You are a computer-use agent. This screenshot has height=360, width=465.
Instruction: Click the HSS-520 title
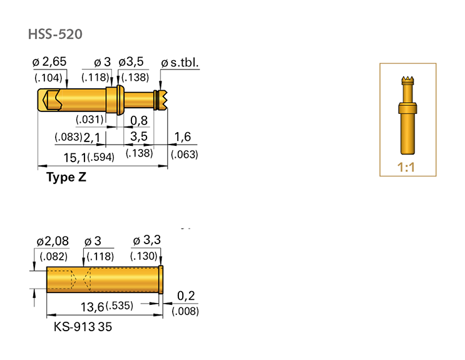pyautogui.click(x=54, y=34)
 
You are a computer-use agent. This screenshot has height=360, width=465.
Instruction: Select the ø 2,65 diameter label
pyautogui.click(x=49, y=62)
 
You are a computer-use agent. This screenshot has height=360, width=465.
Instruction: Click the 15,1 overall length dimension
pyautogui.click(x=75, y=157)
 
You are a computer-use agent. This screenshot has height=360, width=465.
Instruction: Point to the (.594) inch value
pyautogui.click(x=101, y=157)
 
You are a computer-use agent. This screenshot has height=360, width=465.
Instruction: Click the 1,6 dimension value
pyautogui.click(x=183, y=137)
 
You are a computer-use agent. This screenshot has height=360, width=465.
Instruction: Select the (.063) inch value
pyautogui.click(x=184, y=155)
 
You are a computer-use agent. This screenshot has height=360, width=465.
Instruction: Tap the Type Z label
pyautogui.click(x=66, y=177)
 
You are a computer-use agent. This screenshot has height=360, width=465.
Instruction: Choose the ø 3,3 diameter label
pyautogui.click(x=148, y=241)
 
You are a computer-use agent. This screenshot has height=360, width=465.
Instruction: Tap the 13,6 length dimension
pyautogui.click(x=92, y=306)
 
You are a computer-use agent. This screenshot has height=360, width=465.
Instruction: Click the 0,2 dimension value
pyautogui.click(x=186, y=295)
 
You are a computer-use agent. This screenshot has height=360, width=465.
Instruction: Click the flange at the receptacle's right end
pyautogui.click(x=161, y=279)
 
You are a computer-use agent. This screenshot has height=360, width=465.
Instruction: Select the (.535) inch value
pyautogui.click(x=119, y=306)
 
